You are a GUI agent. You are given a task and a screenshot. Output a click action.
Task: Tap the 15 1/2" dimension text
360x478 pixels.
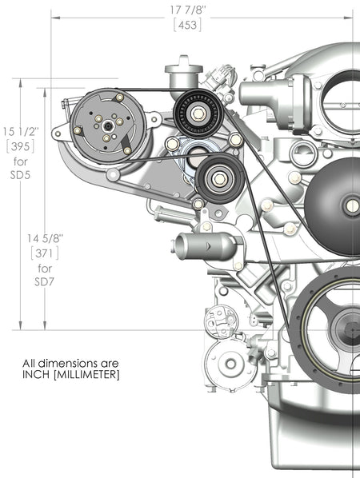point(20,130)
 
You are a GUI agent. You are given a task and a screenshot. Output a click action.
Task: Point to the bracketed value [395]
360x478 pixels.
point(20,145)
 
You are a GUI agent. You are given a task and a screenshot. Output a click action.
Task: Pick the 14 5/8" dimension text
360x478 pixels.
point(45,237)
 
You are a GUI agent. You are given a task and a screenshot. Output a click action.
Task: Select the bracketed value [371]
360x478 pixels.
point(45,253)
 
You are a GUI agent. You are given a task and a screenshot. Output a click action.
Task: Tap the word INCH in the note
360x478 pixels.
point(37,375)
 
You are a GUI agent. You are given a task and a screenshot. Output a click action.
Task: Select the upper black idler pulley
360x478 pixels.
point(196,111)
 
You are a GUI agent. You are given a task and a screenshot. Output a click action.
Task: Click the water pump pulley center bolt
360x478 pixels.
point(351,205)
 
